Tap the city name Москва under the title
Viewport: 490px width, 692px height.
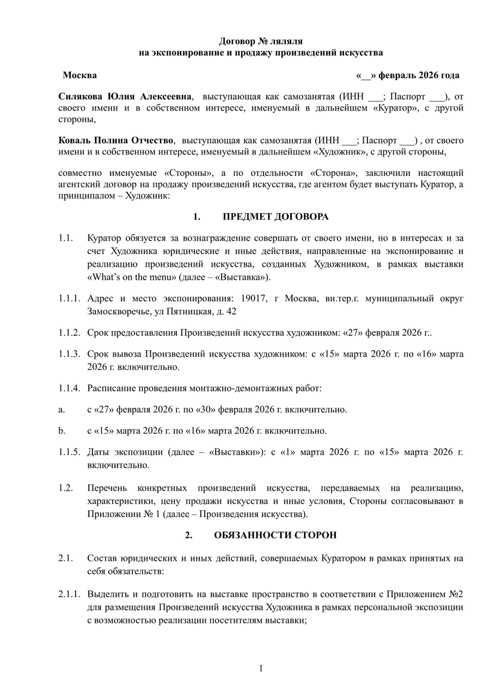[x=79, y=75]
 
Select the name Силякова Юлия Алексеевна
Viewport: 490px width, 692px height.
[x=125, y=96]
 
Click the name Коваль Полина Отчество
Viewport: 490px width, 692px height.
[x=117, y=140]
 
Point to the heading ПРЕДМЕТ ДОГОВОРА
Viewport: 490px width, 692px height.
[x=275, y=217]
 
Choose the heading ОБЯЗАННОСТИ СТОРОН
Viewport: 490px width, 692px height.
[x=275, y=535]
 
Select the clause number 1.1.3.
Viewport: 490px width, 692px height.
[x=70, y=354]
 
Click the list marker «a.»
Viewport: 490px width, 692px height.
[x=62, y=409]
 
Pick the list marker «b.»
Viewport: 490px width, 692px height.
[x=62, y=431]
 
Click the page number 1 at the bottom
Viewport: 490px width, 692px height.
[x=261, y=668]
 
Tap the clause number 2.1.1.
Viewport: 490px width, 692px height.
[x=70, y=593]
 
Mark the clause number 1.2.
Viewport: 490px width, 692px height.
[x=66, y=487]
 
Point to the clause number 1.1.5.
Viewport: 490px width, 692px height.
[x=70, y=452]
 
